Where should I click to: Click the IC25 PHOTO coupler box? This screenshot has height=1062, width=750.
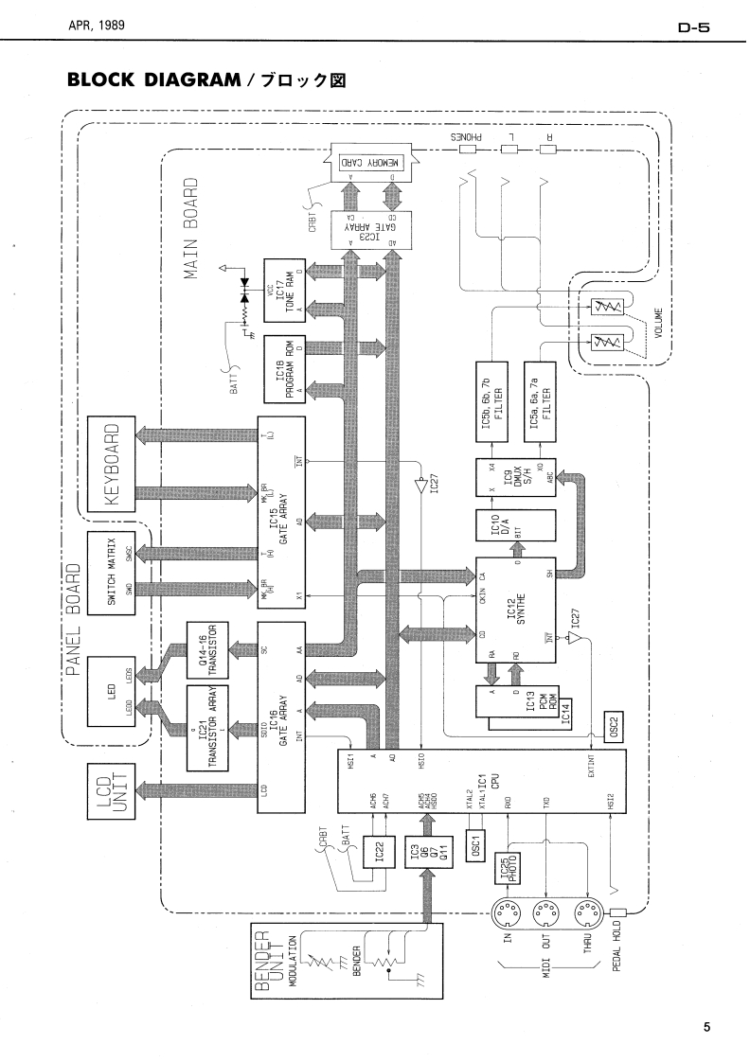pyautogui.click(x=518, y=869)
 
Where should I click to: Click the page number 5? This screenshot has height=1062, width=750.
pyautogui.click(x=706, y=1025)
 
